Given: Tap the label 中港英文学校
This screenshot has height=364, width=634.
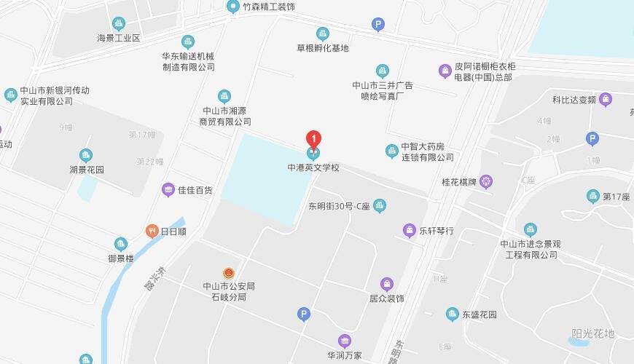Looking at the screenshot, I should click(313, 168).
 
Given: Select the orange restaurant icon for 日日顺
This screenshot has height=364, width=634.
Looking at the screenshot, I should click(152, 232).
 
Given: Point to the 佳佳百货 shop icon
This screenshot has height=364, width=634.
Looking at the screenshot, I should click(168, 190).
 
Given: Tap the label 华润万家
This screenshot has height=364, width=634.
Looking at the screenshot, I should click(345, 356).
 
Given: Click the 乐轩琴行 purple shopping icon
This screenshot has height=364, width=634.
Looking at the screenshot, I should click(410, 231).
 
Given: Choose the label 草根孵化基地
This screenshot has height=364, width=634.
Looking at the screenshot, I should click(323, 48).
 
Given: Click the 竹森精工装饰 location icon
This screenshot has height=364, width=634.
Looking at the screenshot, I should click(233, 7).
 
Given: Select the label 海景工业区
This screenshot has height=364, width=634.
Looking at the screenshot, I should click(118, 38).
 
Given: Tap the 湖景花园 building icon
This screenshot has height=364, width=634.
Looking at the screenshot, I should click(86, 155).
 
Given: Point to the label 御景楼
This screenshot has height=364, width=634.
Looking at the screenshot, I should click(121, 258).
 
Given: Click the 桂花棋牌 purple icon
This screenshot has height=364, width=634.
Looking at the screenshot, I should click(486, 181).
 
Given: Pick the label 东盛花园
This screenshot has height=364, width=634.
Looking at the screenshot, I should click(479, 314).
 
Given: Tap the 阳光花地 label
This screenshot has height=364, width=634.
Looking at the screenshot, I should click(593, 333).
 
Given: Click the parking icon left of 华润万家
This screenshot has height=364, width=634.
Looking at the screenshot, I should click(304, 314).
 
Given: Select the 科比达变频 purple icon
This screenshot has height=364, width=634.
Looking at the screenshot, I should click(606, 100).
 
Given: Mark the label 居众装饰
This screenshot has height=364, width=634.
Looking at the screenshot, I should click(387, 298).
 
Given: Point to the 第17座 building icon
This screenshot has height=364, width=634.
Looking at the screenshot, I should click(593, 196).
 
